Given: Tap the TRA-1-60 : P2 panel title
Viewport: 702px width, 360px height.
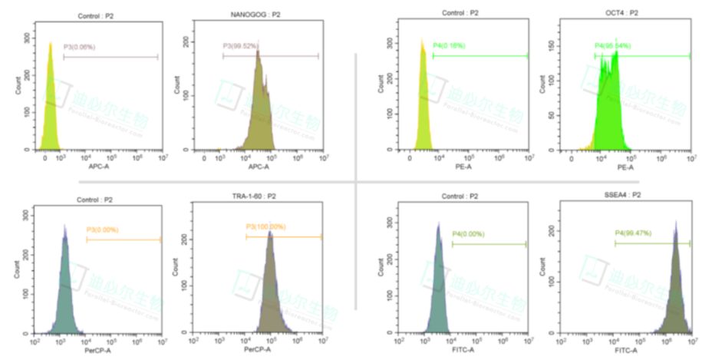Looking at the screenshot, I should tap(255, 197).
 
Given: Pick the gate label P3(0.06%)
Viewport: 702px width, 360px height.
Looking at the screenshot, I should tap(79, 47).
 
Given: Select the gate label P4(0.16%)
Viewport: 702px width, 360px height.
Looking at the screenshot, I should tap(449, 47).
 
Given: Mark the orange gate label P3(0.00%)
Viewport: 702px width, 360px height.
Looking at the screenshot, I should tap(102, 230).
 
